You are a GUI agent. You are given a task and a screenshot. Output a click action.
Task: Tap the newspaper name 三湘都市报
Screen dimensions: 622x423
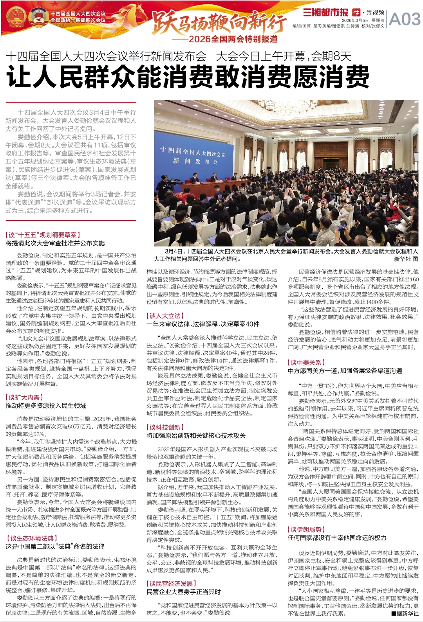pos(325,12)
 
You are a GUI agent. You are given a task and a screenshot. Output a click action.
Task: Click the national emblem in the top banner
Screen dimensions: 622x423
pos(16,16)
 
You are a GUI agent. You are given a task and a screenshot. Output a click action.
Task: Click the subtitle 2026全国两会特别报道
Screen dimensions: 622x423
pos(233,39)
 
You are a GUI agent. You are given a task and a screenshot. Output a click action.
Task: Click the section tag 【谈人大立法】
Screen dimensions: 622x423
pos(165,316)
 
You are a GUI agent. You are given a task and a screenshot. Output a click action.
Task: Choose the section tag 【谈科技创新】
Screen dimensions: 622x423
pos(165,427)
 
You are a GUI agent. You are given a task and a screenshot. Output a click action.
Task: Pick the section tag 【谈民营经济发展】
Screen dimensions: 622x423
pos(171,583)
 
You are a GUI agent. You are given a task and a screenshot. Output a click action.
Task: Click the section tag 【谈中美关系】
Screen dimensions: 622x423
pos(306,363)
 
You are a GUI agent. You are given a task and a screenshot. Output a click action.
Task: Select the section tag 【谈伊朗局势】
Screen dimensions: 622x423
pos(306,529)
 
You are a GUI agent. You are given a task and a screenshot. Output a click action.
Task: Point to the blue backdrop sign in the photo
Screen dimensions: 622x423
pos(192,155)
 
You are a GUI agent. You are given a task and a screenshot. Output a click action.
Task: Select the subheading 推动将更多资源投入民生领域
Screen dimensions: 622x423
pos(46,406)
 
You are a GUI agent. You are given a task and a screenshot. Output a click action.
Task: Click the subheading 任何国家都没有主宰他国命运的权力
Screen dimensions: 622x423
pos(337,538)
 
